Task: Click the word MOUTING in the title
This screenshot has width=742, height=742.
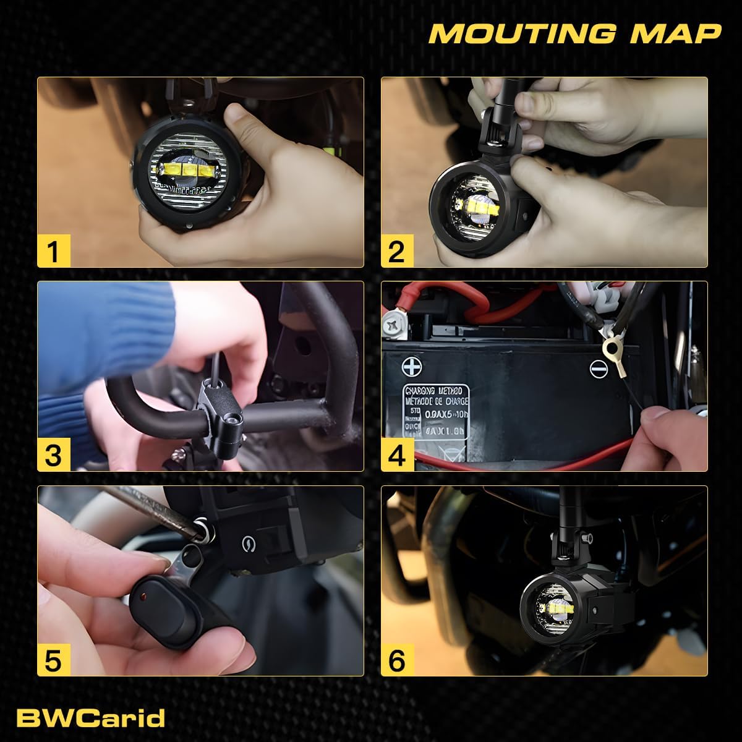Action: [x=522, y=33]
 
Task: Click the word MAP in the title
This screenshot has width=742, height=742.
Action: [x=675, y=33]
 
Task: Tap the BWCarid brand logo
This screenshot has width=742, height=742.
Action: [x=90, y=718]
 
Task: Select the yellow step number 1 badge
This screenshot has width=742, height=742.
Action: [x=54, y=251]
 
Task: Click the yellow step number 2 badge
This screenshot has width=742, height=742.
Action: [x=397, y=251]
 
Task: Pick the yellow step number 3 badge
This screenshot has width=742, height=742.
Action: [x=54, y=455]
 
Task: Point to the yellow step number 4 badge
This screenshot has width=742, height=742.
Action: [x=397, y=455]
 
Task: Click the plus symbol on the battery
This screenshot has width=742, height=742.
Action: [x=411, y=367]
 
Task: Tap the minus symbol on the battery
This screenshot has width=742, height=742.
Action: [x=598, y=369]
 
